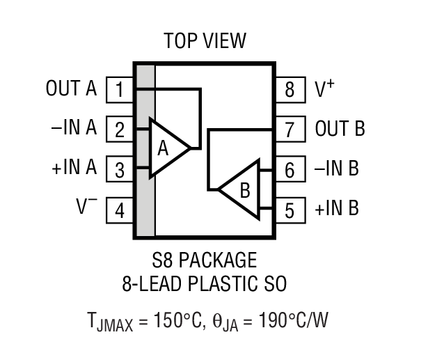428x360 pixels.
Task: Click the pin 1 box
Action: click(x=120, y=89)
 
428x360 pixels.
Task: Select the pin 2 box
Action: click(x=120, y=130)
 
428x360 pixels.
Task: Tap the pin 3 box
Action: click(x=120, y=169)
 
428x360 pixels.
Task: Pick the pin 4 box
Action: click(x=120, y=210)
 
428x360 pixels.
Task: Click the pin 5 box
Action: click(x=290, y=210)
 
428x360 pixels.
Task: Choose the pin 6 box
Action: click(x=290, y=169)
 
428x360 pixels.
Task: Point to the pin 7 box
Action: click(x=290, y=130)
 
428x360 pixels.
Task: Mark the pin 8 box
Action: click(x=290, y=89)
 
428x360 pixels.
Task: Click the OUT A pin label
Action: click(x=71, y=89)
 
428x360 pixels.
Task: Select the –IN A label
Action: click(x=73, y=130)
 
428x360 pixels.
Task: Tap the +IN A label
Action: click(x=73, y=169)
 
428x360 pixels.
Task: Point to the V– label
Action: click(x=86, y=208)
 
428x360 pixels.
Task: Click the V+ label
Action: click(x=325, y=88)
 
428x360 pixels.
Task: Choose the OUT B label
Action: click(x=340, y=130)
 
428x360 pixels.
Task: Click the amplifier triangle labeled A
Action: click(x=166, y=148)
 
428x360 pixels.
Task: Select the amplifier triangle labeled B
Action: click(x=241, y=188)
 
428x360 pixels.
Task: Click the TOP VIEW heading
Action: click(x=205, y=41)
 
